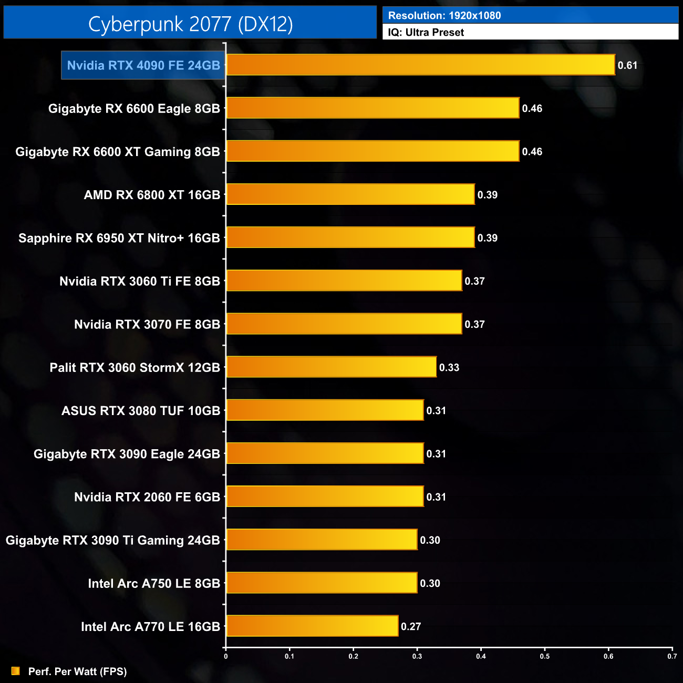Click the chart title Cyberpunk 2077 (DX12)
click(x=190, y=24)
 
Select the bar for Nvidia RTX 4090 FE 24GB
click(x=420, y=65)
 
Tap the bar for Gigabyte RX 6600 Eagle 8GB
click(x=372, y=108)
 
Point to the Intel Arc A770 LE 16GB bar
click(x=312, y=626)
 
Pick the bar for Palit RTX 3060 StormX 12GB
click(x=331, y=367)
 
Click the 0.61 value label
click(x=627, y=65)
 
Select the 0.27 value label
click(x=411, y=626)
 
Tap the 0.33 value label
click(x=449, y=367)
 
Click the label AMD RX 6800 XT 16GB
click(x=152, y=195)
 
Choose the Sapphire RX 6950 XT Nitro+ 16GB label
click(x=119, y=238)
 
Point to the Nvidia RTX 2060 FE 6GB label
click(x=147, y=497)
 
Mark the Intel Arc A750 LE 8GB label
click(x=154, y=583)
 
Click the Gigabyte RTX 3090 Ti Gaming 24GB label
click(x=113, y=540)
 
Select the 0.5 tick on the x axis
click(x=545, y=656)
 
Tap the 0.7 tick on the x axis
click(x=672, y=656)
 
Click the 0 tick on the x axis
click(x=226, y=656)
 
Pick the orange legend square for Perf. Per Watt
click(x=16, y=671)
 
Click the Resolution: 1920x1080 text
click(x=444, y=15)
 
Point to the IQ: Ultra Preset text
click(x=426, y=32)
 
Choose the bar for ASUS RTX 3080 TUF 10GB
click(x=325, y=410)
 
